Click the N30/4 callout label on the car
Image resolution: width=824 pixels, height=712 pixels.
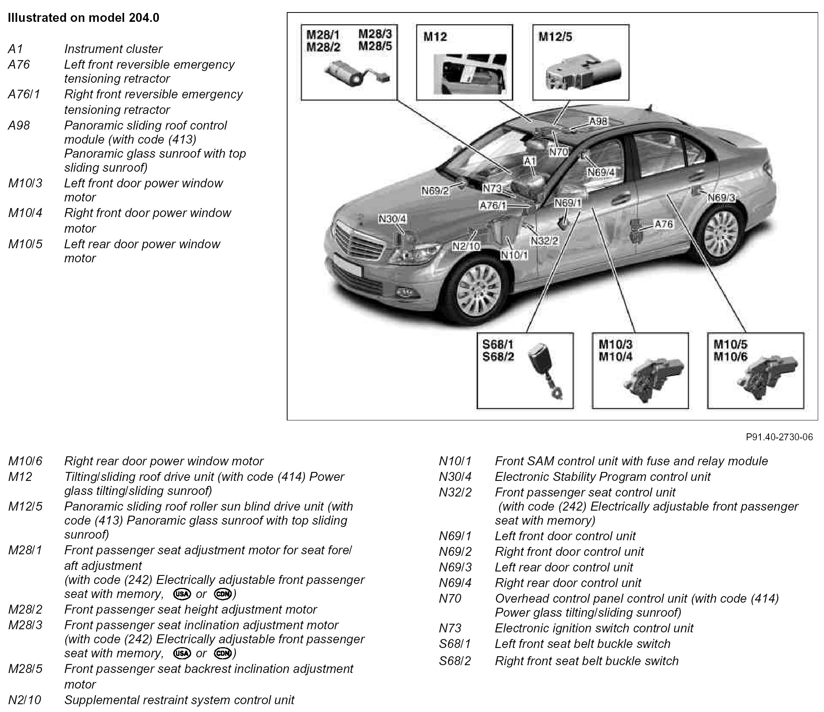tap(392, 219)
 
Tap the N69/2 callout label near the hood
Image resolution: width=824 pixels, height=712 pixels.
tap(435, 190)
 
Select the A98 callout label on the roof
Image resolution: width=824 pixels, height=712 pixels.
tap(598, 121)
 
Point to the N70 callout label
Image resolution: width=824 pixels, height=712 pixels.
tap(559, 151)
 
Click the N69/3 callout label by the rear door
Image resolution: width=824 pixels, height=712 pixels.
tap(721, 197)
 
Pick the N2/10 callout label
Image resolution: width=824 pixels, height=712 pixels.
tap(466, 246)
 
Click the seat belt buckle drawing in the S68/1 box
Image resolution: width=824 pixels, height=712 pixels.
tap(544, 367)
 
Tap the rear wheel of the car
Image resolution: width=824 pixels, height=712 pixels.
tap(720, 231)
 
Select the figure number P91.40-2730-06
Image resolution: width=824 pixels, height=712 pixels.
tap(779, 437)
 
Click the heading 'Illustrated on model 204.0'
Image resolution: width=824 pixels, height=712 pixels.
tap(83, 18)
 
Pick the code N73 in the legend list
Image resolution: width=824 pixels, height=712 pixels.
tap(450, 628)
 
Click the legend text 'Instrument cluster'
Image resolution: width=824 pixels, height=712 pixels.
tap(114, 49)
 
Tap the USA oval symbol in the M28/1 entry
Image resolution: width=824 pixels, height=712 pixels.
tap(182, 594)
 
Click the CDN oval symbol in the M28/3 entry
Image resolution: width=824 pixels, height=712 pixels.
tap(223, 653)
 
